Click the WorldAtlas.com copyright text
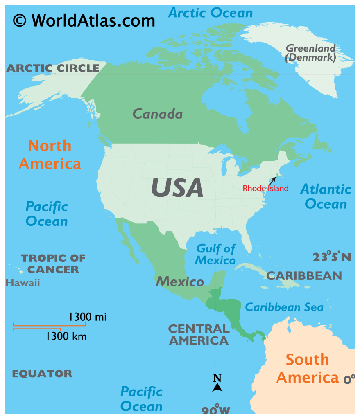click(84, 20)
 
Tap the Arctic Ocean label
click(211, 13)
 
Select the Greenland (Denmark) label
click(310, 53)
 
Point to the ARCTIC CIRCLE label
click(53, 68)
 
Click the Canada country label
click(157, 114)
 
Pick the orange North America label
click(50, 155)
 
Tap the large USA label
click(177, 188)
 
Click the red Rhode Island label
click(265, 189)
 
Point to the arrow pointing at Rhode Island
click(272, 180)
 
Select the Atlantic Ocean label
click(326, 196)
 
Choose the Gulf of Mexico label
click(215, 254)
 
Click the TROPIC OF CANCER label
click(53, 264)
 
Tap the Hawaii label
click(23, 282)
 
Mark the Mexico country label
click(179, 282)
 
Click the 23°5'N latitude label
click(332, 257)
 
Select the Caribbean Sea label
click(284, 307)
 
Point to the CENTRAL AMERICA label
click(199, 334)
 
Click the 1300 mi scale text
click(88, 316)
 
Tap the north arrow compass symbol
click(217, 383)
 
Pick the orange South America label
click(307, 368)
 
